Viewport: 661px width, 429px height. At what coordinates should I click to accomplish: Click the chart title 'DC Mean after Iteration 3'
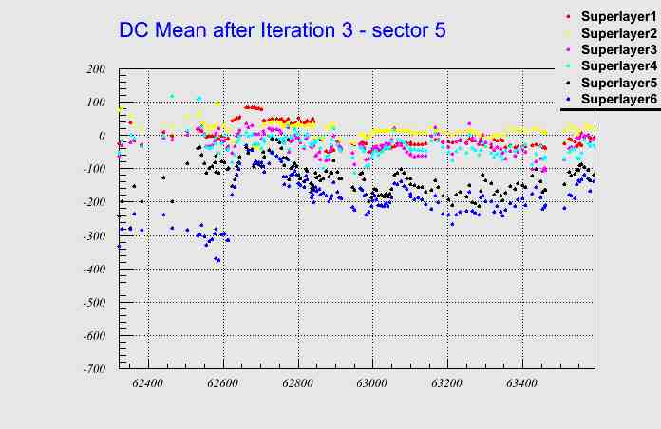pos(282,30)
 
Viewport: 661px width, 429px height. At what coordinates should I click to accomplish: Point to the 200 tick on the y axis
pos(95,69)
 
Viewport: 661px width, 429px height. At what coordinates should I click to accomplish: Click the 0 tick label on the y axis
pos(100,136)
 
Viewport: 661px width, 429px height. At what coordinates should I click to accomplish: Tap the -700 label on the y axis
pos(93,369)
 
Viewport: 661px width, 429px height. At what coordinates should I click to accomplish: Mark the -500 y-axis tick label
pos(93,303)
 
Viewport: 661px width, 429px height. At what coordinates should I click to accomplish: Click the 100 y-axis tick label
pos(95,103)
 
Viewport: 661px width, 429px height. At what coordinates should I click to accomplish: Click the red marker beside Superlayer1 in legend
pos(568,16)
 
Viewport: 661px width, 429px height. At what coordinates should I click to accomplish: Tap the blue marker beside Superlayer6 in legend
pos(568,99)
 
